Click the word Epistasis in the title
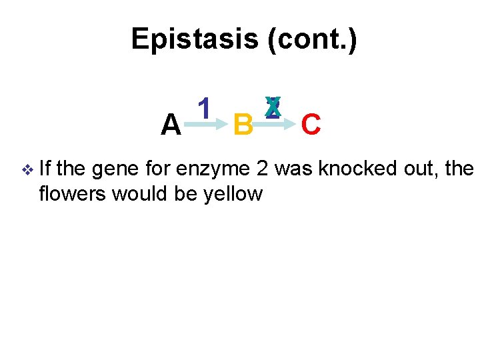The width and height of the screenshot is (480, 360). click(194, 39)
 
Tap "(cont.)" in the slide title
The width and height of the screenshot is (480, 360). click(311, 39)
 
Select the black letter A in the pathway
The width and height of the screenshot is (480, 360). click(171, 124)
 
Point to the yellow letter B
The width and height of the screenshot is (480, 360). click(243, 124)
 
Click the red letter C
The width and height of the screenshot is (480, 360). click(311, 124)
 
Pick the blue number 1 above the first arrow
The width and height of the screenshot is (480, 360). click(205, 107)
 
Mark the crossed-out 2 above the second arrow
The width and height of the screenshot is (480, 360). click(272, 107)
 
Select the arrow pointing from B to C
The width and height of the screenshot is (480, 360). click(275, 123)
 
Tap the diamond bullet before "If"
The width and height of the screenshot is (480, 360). click(26, 170)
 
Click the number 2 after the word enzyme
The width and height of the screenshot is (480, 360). click(263, 169)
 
